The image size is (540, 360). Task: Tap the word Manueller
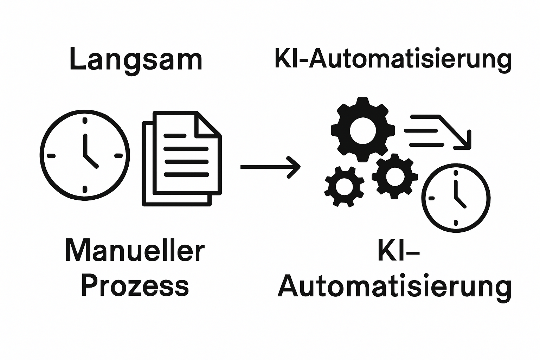[135, 250]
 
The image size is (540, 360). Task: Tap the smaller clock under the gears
[456, 198]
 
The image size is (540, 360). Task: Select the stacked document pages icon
[182, 158]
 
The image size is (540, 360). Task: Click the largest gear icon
[362, 130]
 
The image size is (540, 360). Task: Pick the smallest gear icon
[344, 186]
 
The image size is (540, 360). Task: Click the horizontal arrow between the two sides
[270, 167]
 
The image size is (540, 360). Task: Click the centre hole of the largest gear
[362, 130]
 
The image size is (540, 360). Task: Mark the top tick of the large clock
[85, 121]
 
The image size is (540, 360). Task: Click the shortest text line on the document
[175, 135]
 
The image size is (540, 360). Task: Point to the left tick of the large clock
[51, 155]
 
